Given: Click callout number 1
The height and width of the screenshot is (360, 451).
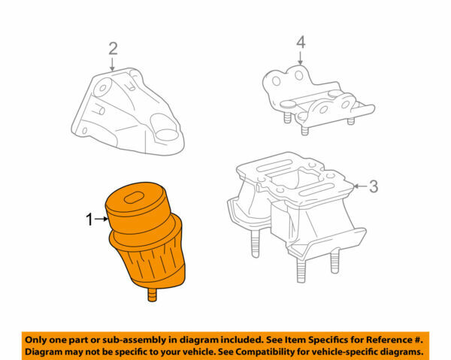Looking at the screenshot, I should click(x=89, y=220).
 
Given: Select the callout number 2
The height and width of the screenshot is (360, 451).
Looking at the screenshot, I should click(x=113, y=50).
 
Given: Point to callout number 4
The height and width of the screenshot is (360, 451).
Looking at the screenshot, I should click(x=300, y=44).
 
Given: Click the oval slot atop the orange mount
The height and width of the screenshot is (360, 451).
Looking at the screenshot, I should click(x=134, y=198).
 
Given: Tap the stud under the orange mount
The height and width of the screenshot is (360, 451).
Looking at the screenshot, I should click(x=153, y=298).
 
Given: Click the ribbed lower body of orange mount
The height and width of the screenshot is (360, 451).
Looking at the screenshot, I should click(x=154, y=263).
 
